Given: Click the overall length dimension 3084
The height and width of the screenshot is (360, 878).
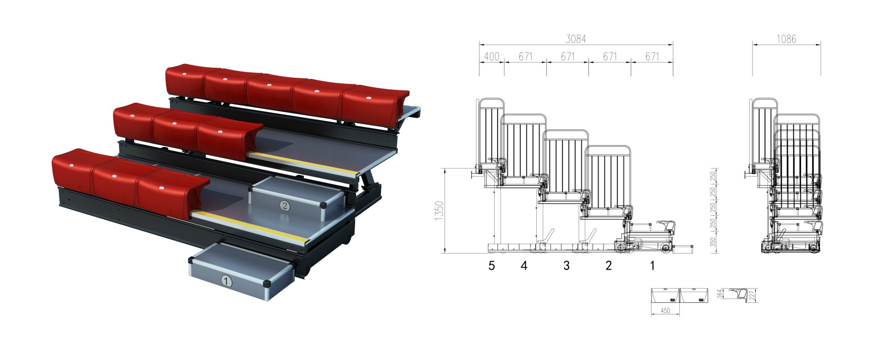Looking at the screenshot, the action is point(575,39).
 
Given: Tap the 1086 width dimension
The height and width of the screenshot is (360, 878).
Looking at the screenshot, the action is point(786,39).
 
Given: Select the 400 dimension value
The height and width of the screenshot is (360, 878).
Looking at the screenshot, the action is point(492,57).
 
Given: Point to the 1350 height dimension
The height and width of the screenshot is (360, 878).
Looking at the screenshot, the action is point(440,211).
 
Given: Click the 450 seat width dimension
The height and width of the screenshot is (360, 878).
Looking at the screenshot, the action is point(665,311).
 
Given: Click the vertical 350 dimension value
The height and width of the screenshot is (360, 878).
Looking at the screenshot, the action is point(713,242).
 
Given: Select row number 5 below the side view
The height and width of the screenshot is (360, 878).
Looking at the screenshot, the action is point(492,266).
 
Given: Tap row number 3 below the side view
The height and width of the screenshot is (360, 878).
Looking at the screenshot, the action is point(566,266).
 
